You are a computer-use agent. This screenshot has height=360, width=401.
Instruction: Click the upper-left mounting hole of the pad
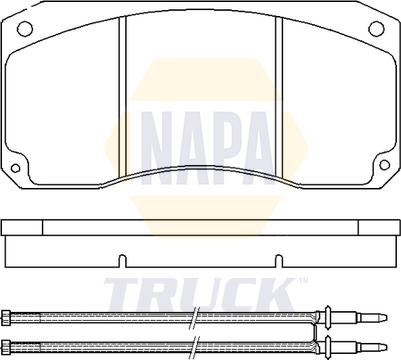click(24, 28)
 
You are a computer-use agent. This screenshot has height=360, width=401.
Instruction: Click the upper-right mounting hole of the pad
click(377, 28)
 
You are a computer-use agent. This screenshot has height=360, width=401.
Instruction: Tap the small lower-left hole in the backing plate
click(15, 168)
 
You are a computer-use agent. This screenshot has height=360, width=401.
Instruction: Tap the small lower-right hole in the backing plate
click(385, 165)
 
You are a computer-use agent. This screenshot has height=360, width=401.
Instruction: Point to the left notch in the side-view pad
click(123, 261)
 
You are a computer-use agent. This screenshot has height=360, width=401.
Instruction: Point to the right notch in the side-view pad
click(279, 261)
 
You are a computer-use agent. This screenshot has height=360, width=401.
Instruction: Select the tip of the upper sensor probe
click(386, 316)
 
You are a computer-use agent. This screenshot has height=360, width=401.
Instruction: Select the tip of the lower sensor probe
click(386, 346)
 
